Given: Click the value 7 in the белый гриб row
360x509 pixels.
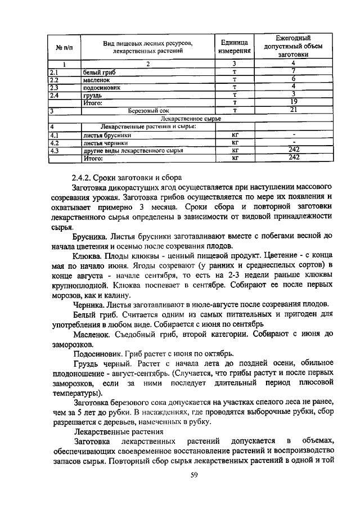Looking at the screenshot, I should tap(293, 71).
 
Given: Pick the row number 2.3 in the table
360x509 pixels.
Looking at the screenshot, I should tap(55, 87).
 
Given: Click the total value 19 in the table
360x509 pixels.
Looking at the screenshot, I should tap(293, 101).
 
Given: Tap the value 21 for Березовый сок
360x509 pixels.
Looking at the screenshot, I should tap(293, 110).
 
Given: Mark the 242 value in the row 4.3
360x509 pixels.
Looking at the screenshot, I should tap(293, 150).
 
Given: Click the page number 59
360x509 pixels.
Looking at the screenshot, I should tap(195, 476).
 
